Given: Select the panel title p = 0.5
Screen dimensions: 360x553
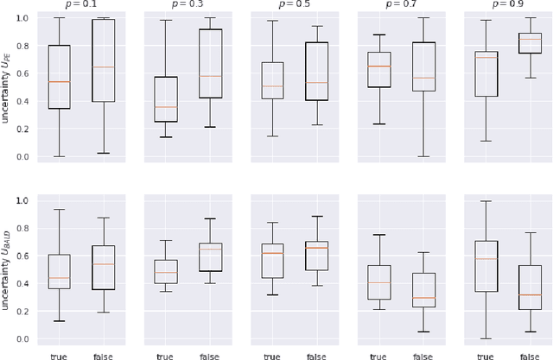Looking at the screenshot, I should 294,5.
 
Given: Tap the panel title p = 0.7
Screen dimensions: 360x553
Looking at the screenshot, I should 400,5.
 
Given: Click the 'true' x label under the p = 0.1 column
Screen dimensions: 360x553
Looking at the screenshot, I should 59,354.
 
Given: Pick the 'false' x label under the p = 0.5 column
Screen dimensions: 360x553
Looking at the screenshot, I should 316,354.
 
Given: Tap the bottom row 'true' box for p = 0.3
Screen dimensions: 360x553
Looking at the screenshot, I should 166,272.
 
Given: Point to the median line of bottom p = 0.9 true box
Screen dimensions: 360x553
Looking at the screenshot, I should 485,259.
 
